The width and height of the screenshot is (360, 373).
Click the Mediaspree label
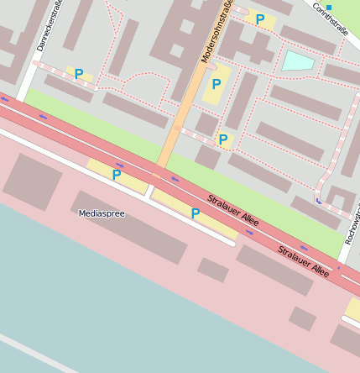(101, 213)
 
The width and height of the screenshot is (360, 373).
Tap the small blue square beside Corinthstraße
(329, 8)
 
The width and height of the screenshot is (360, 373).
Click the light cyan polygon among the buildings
(297, 60)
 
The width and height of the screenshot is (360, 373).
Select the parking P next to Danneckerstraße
(79, 74)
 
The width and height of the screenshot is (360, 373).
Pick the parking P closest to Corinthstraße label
(260, 19)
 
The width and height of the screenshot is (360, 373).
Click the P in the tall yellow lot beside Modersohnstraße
(217, 85)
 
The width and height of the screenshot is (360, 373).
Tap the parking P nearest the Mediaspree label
(116, 176)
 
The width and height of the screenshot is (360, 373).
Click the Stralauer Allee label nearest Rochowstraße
(304, 261)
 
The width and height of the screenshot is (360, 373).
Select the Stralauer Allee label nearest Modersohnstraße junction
(232, 211)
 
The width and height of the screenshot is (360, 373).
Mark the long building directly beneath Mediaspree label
(130, 230)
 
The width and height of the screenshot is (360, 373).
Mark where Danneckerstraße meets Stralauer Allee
(18, 102)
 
